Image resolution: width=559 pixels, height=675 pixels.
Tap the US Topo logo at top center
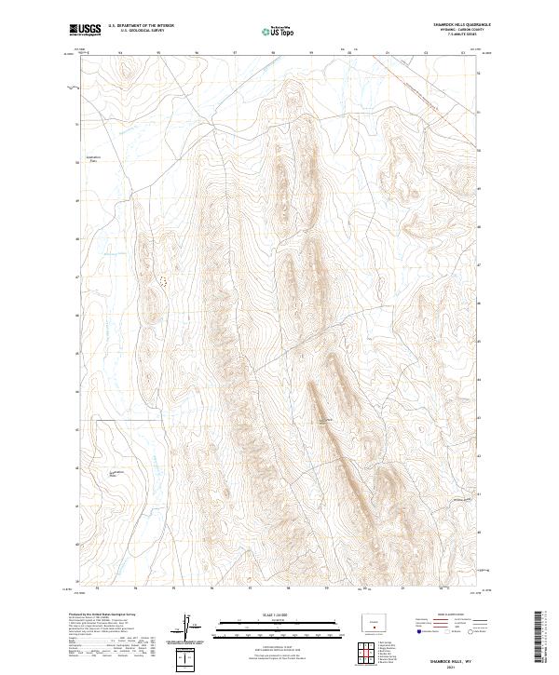coord(279,32)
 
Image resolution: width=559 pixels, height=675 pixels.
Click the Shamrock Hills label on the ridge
coord(323,422)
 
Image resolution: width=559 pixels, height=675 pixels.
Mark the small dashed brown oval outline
coord(164,278)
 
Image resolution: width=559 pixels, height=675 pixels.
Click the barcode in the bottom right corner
coord(539,636)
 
